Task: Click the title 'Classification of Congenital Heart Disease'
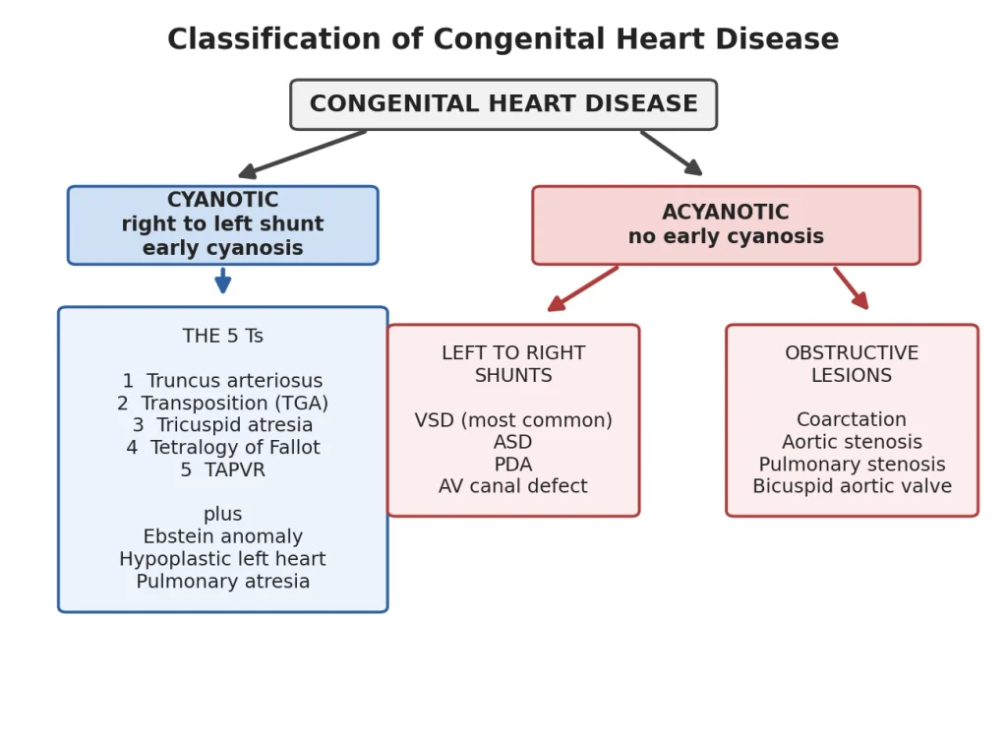tap(503, 39)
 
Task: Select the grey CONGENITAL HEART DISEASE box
tap(503, 104)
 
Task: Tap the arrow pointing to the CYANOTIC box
tap(302, 154)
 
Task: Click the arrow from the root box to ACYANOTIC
tap(671, 153)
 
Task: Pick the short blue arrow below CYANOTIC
tap(223, 281)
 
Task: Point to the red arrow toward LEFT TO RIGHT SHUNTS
tap(582, 288)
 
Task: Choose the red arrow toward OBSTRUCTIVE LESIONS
tap(851, 288)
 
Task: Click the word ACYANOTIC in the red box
tap(726, 213)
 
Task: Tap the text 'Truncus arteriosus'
tap(234, 381)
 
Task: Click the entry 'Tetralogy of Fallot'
tap(235, 448)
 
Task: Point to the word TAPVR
tap(234, 470)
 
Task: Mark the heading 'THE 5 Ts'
tap(223, 337)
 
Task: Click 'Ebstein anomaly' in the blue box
tap(223, 536)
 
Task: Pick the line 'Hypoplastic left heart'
tap(223, 559)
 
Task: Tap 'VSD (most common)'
tap(513, 420)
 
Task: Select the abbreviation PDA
tap(513, 465)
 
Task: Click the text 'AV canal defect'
tap(513, 486)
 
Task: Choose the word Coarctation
tap(852, 419)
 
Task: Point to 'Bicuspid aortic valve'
tap(853, 486)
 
